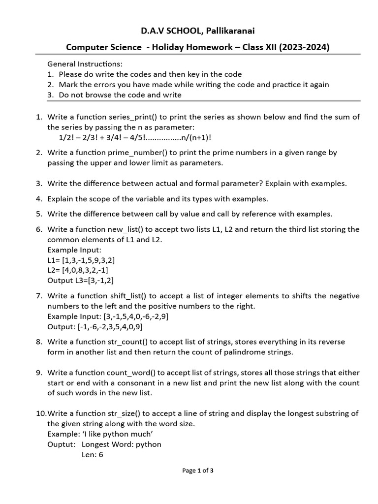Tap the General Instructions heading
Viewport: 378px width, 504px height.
coord(85,64)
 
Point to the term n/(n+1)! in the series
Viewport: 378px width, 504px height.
coord(198,137)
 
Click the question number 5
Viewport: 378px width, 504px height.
coord(39,214)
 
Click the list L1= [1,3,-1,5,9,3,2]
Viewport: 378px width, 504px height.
coord(81,260)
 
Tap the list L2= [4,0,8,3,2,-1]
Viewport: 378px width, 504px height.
coord(78,270)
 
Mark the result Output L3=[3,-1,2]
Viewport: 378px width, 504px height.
coord(81,281)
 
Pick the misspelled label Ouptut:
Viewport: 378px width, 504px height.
coord(62,444)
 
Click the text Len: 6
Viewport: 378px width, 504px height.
coord(93,454)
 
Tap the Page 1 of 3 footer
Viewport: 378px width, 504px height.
coord(198,471)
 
